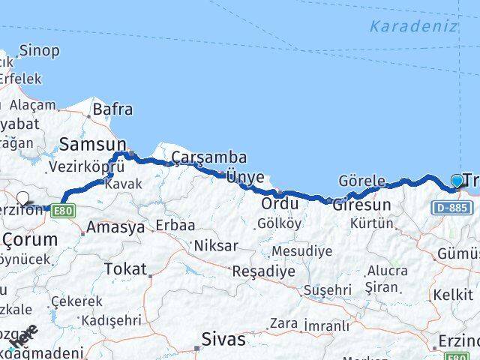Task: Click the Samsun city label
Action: click(x=92, y=142)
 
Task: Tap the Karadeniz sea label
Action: click(x=413, y=26)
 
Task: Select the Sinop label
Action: click(x=39, y=51)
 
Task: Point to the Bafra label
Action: click(x=112, y=109)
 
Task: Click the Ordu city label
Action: click(x=280, y=203)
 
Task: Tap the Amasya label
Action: click(x=115, y=227)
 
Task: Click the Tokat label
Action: click(x=125, y=268)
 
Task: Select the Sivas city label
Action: click(x=223, y=340)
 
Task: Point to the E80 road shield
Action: click(x=63, y=211)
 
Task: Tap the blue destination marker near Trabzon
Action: click(x=457, y=180)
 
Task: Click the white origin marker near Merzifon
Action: click(x=22, y=199)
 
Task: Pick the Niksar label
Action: click(x=215, y=245)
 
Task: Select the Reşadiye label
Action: click(x=263, y=271)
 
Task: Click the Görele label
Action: click(x=361, y=181)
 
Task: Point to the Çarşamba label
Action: click(x=198, y=157)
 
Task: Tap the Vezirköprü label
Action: click(x=79, y=166)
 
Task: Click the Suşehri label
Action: click(x=328, y=289)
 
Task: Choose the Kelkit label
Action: click(x=452, y=295)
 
